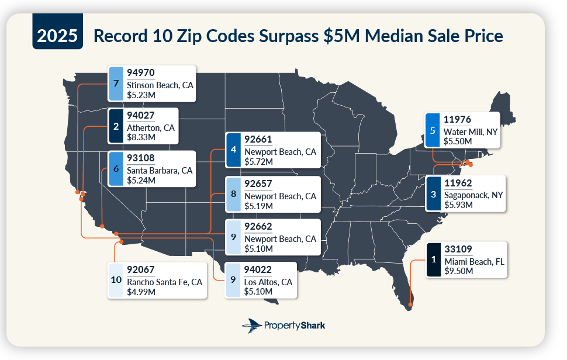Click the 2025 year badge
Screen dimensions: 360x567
57,36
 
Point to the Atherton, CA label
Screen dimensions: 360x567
151,127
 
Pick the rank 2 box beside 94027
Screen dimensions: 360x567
116,126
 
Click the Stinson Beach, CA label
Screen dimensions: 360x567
160,85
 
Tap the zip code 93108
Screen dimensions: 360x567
141,158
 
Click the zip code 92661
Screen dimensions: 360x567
258,140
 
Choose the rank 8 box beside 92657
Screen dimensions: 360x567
233,194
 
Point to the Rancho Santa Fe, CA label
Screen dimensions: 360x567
164,282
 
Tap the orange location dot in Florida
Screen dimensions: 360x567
410,304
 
